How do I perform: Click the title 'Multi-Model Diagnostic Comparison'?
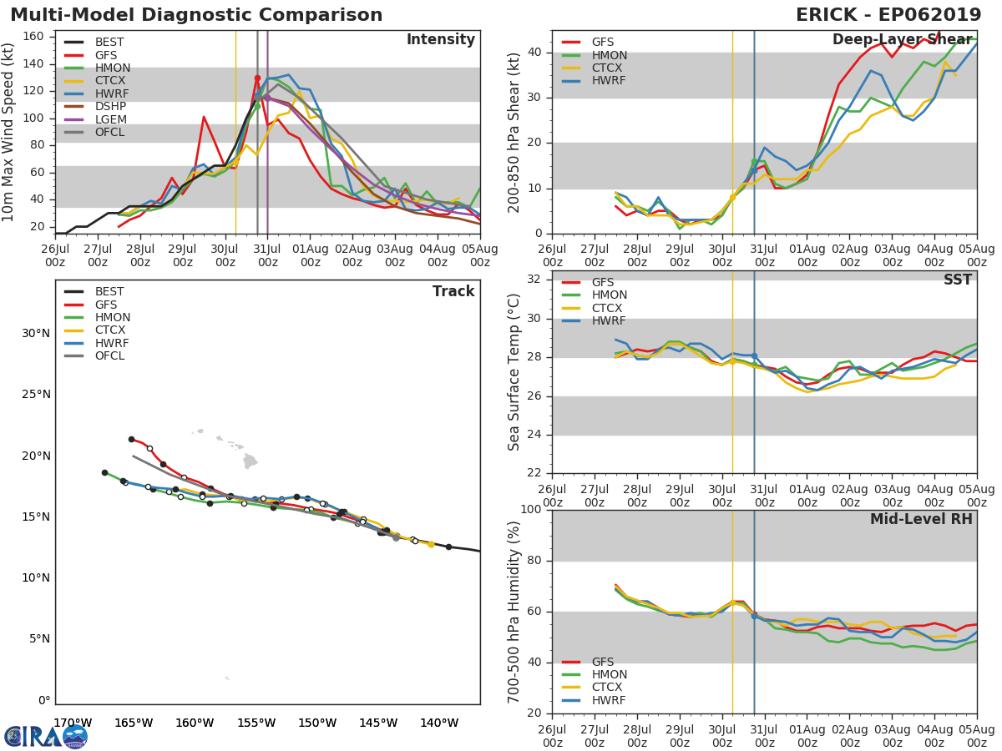point(196,15)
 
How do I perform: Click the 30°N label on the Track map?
point(35,334)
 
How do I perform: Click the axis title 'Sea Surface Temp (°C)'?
point(514,371)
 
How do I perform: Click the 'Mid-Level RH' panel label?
point(921,519)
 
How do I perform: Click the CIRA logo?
point(45,736)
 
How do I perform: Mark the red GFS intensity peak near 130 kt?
point(257,78)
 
